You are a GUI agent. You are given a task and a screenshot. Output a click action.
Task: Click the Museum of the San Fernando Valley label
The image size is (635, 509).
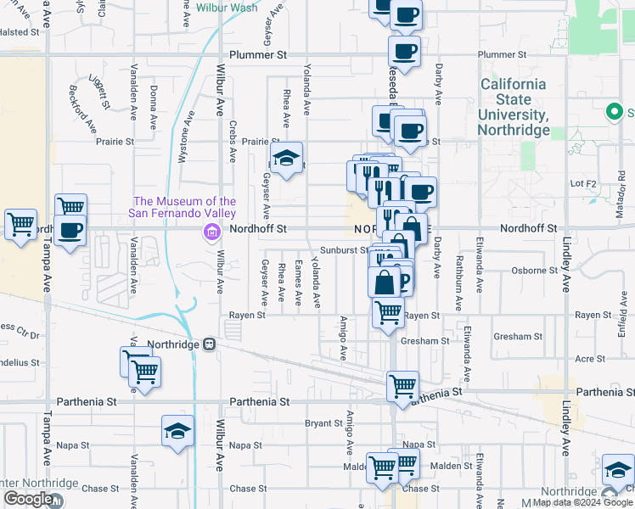click(182, 207)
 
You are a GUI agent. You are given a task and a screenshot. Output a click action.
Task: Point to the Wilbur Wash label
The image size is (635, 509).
click(227, 8)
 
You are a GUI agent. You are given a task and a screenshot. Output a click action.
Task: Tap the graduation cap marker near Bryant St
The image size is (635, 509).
click(178, 432)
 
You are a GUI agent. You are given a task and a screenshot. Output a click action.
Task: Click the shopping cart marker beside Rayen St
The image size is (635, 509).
click(388, 313)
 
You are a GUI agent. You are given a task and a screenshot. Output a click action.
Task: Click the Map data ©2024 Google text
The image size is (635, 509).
click(583, 502)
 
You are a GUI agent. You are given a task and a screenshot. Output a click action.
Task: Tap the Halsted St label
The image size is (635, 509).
click(20, 31)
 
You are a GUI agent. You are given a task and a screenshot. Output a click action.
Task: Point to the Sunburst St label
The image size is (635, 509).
click(344, 250)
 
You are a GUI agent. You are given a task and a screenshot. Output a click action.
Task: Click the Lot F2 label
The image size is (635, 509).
click(584, 182)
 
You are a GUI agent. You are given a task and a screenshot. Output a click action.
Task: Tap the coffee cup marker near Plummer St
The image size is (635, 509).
click(405, 51)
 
